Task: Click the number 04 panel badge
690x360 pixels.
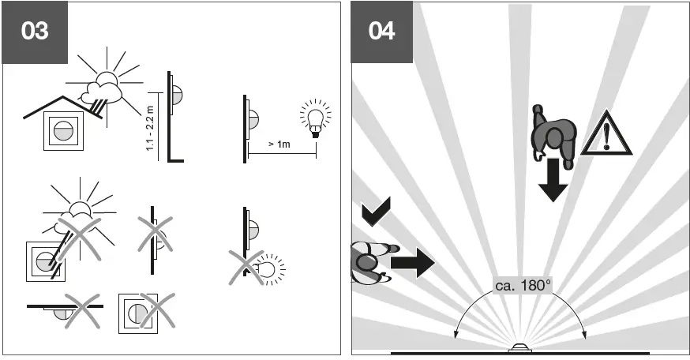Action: click(x=382, y=32)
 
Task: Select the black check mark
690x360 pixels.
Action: click(x=376, y=214)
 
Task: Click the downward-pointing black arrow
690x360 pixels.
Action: click(x=553, y=179)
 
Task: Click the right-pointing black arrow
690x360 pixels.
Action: click(x=412, y=261)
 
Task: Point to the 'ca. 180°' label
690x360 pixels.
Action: click(x=523, y=285)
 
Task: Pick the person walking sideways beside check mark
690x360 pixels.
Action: click(x=368, y=261)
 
